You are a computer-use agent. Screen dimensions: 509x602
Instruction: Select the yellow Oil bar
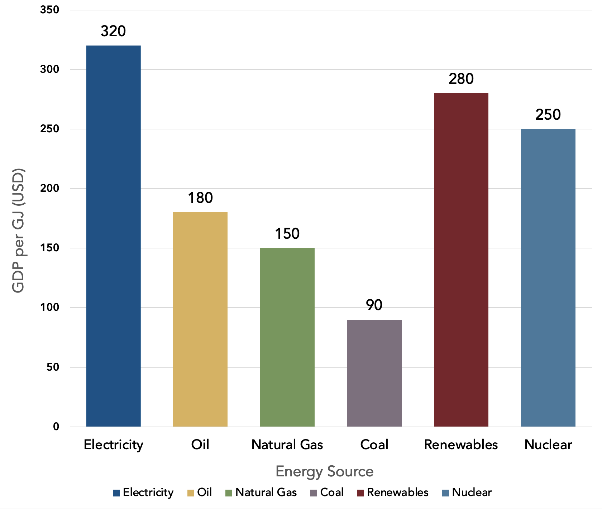(x=200, y=319)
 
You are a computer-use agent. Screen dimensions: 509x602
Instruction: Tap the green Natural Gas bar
(x=287, y=337)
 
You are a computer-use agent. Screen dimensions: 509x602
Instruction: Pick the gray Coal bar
(x=374, y=373)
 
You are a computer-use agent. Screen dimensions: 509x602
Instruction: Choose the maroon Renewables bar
(x=461, y=260)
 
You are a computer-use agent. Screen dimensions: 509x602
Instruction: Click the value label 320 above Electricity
(x=113, y=31)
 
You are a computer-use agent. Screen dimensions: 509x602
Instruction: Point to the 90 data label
(x=374, y=305)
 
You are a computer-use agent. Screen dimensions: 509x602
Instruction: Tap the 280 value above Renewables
(x=461, y=79)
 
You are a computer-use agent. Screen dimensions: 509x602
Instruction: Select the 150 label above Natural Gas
(x=287, y=234)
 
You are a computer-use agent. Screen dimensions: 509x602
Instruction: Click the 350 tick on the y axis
(x=50, y=10)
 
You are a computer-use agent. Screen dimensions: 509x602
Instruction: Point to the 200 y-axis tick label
(x=50, y=188)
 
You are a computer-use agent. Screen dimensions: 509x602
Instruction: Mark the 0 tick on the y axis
(x=56, y=427)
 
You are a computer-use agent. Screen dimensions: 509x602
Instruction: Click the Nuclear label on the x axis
(x=548, y=445)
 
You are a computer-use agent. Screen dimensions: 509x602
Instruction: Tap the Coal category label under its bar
(x=374, y=445)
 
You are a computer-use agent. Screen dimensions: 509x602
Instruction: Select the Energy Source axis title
(x=324, y=471)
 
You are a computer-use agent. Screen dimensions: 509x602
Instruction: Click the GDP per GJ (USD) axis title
(x=18, y=230)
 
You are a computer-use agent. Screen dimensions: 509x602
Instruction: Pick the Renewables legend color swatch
(x=360, y=493)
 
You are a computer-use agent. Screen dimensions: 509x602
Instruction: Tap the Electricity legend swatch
(x=116, y=493)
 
